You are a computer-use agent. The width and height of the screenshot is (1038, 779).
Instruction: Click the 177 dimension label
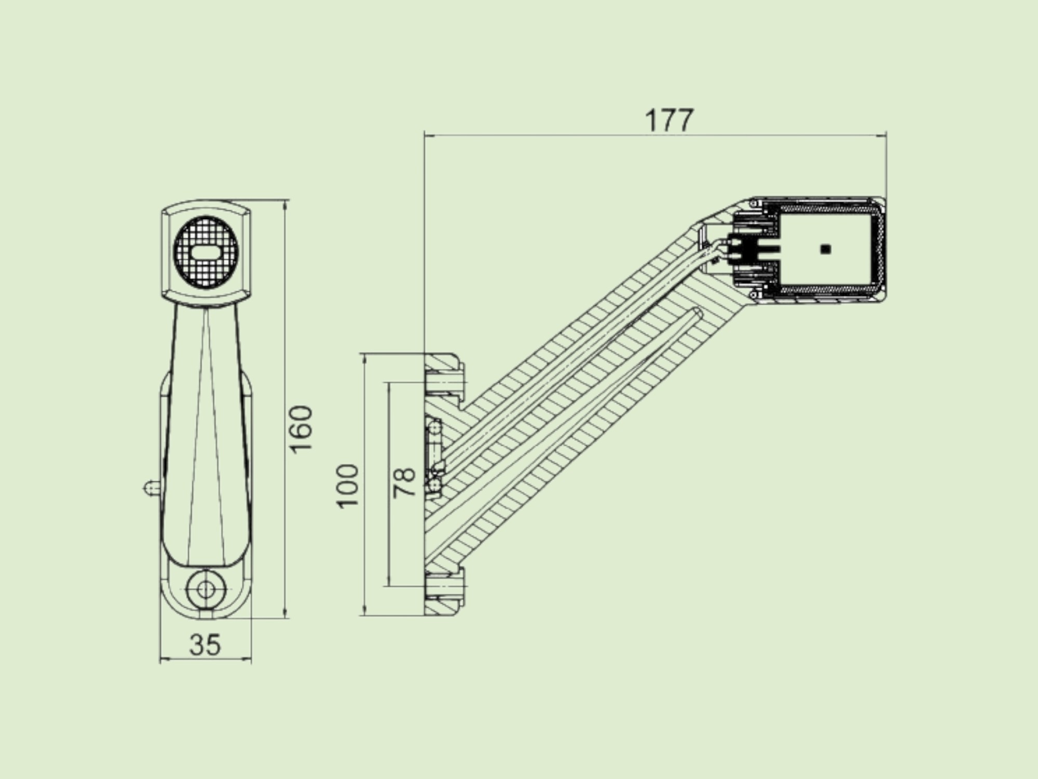pos(669,120)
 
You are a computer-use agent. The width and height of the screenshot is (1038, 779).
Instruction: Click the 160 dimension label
pos(302,429)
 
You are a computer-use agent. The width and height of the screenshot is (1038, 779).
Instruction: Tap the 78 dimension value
pos(405,483)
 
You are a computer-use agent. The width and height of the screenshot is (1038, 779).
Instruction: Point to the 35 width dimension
pos(205,644)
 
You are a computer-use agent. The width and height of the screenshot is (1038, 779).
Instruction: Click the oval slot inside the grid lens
pos(206,253)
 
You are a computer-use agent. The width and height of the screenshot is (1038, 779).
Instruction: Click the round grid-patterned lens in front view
pos(206,253)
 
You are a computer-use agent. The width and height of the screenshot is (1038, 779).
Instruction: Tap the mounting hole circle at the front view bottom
pos(206,589)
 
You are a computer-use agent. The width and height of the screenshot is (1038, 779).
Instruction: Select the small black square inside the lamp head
pos(826,249)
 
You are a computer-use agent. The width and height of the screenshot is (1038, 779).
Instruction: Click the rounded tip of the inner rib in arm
pos(696,312)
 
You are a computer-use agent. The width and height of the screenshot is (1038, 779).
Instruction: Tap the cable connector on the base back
pos(434,457)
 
